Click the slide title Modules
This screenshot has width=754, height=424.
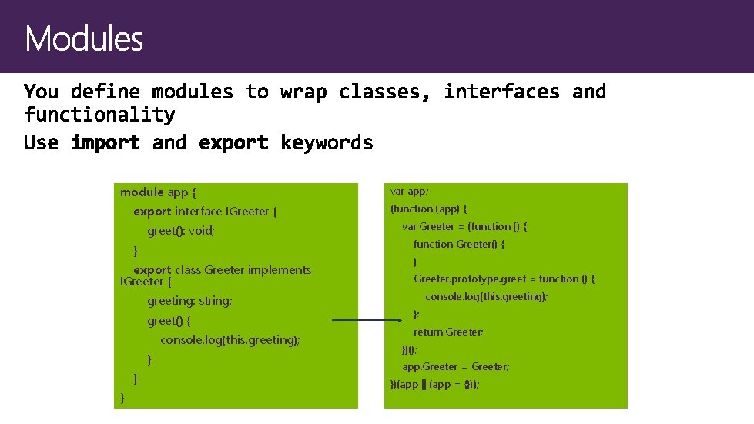pos(84,38)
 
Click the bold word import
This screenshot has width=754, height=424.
pos(106,142)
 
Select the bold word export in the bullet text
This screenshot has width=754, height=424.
pos(234,142)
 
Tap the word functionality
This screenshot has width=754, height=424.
pos(99,115)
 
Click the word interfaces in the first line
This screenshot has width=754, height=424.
pos(502,92)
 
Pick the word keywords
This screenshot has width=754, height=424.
pos(327,142)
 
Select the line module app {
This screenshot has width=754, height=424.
pos(159,192)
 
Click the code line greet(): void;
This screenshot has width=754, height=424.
pos(181,231)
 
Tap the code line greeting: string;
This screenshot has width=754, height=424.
pos(189,301)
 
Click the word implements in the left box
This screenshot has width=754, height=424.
pos(280,270)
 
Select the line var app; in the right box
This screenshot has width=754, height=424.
pos(410,191)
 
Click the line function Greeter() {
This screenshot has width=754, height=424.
pos(459,244)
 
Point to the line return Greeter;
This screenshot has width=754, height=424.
pos(448,332)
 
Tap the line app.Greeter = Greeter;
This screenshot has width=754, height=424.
pos(456,366)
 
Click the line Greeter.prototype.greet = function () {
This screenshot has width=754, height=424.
pos(504,279)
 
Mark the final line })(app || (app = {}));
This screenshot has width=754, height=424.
pos(434,384)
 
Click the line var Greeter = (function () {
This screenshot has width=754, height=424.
pos(464,226)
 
